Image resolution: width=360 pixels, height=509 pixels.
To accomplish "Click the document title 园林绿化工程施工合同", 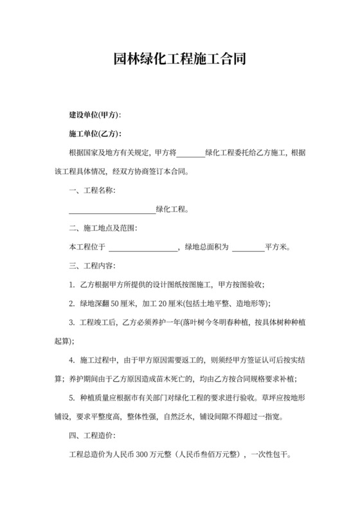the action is pos(179,60).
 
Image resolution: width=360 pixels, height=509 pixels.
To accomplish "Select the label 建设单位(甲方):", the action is pos(94,116).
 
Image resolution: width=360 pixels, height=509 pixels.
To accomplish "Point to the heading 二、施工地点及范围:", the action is pos(103,228).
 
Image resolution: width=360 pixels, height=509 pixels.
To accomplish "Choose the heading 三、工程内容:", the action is pos(92,265).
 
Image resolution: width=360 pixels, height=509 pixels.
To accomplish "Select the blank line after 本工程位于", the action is pos(142,247).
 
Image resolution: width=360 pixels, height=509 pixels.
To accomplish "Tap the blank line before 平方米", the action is pos(248,247).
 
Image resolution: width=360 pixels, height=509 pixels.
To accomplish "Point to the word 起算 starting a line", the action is pos(62,340).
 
